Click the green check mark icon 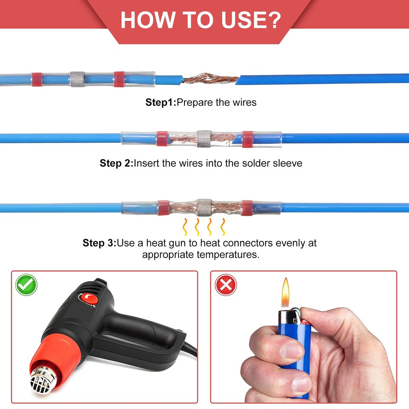(x=26, y=285)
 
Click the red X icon (x=226, y=285)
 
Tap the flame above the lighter (x=285, y=293)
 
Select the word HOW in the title (x=147, y=20)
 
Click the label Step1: (x=161, y=103)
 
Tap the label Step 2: (x=116, y=164)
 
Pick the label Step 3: (x=99, y=243)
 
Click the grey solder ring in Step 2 (x=204, y=139)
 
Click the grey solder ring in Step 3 (x=204, y=208)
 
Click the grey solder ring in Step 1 (x=77, y=79)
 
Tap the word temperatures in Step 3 (x=228, y=255)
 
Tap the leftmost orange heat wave (x=185, y=227)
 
